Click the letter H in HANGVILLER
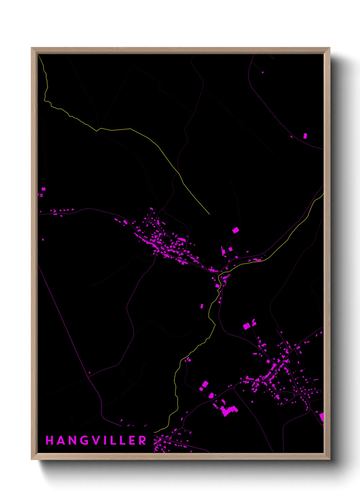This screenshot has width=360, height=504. [x=50, y=440]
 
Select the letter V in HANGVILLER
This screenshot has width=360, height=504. [x=96, y=440]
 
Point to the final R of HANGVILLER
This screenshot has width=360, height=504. [x=143, y=440]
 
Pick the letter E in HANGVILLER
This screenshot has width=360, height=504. [x=132, y=440]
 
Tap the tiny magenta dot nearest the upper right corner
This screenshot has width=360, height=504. [x=263, y=72]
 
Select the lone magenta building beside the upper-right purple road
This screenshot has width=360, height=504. [x=305, y=136]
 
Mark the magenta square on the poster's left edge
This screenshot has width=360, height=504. [x=44, y=189]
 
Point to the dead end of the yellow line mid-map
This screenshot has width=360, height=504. [x=209, y=214]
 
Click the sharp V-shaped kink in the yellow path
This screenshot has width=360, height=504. [x=97, y=130]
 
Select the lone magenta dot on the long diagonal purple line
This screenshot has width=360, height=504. [x=89, y=373]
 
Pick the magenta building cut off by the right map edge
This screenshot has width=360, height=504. [x=322, y=417]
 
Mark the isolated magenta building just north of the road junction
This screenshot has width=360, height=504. [x=235, y=231]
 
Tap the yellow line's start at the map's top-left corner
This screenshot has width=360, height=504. [x=39, y=56]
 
